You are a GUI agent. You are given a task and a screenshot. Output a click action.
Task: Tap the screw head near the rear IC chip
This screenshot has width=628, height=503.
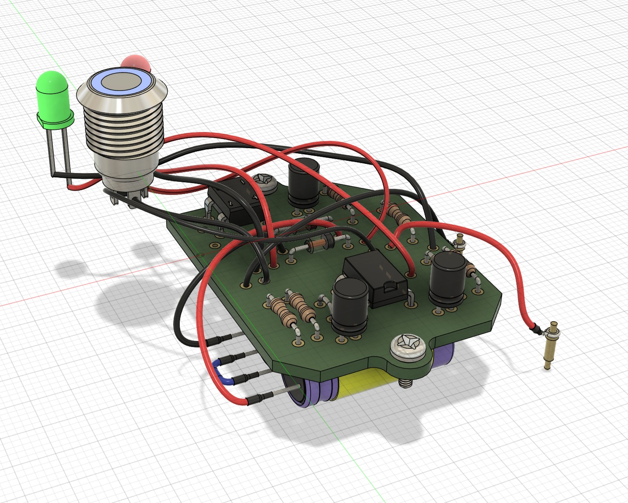click(264, 182)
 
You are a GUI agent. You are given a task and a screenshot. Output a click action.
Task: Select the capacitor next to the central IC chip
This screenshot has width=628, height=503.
click(350, 306)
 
